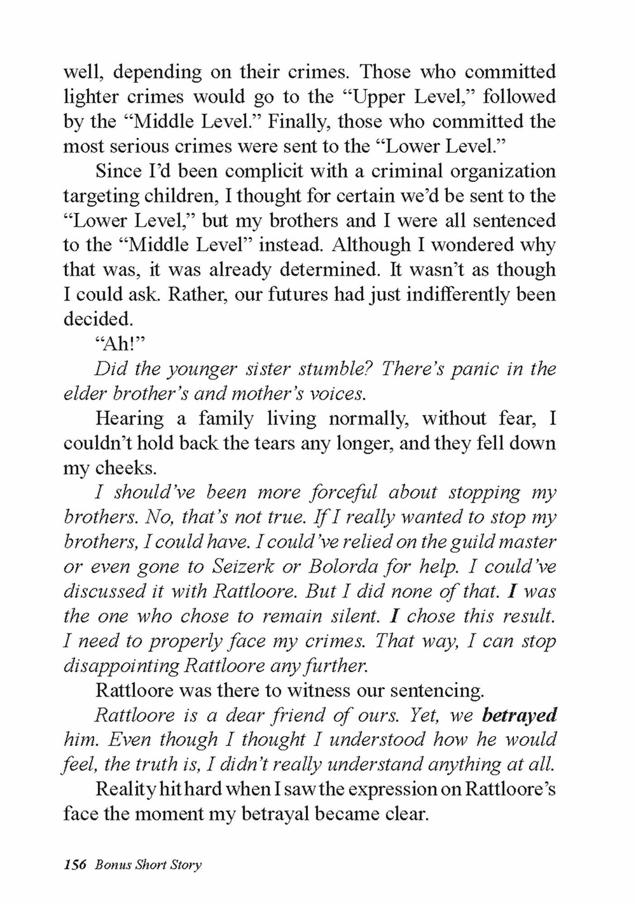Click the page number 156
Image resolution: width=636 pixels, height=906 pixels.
point(75,864)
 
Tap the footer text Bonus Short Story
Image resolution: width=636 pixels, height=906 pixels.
point(148,864)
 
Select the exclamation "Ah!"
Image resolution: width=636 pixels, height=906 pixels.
point(120,344)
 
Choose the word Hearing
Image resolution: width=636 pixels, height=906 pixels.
point(130,418)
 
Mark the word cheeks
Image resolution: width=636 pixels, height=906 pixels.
point(125,467)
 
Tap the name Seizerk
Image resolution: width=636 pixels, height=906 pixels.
point(243,566)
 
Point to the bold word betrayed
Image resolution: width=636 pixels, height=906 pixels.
point(519,715)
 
